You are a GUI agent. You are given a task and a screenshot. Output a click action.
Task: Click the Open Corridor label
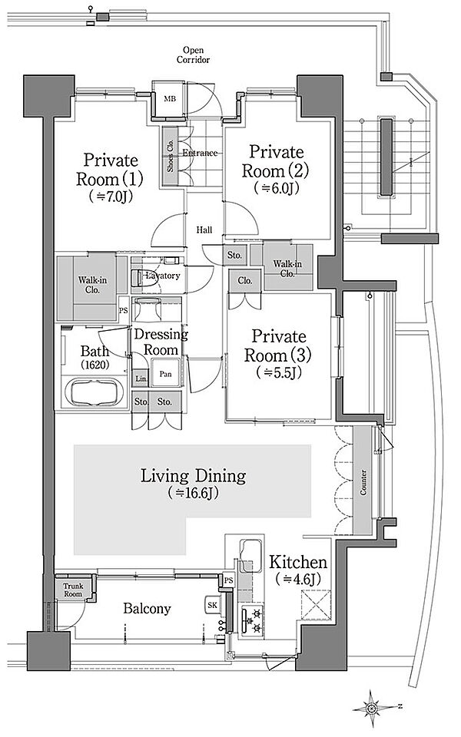point(193,53)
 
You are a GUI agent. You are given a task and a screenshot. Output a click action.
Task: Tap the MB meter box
point(168,97)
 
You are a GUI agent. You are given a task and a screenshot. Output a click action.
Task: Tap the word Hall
point(204,230)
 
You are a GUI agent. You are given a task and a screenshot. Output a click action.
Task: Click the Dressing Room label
point(161,342)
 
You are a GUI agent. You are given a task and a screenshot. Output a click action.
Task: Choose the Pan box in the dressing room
point(166,375)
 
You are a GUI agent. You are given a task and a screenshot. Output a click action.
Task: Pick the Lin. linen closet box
point(141,379)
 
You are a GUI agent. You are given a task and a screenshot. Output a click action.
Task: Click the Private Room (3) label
point(274,345)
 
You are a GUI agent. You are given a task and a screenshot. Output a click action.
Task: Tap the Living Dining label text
point(193,476)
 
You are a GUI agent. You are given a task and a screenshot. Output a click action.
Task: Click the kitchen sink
point(251,555)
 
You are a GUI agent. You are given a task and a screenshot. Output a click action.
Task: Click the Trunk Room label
point(74,589)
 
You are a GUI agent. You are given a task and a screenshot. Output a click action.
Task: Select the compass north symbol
point(372,706)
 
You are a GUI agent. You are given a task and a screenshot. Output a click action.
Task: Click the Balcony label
point(146,608)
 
